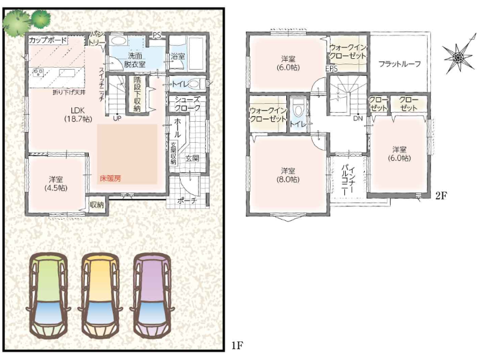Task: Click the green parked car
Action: (x=48, y=296)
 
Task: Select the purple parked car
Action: (x=152, y=296)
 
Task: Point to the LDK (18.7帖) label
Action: (x=78, y=114)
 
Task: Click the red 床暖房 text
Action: (x=110, y=178)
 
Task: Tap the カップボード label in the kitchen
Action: (x=47, y=40)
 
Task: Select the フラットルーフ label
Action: (x=399, y=64)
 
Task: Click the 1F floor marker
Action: (x=237, y=346)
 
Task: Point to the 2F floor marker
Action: (x=440, y=196)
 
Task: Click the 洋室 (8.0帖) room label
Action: (x=288, y=175)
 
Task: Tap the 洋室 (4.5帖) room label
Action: (x=56, y=183)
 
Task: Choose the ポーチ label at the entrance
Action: (x=187, y=201)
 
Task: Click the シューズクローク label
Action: (x=187, y=104)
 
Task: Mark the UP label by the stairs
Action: (x=117, y=118)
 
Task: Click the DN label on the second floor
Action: (x=358, y=118)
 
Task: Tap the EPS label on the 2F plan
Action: (x=332, y=69)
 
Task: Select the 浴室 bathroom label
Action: (x=178, y=56)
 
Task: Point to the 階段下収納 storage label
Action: (x=137, y=94)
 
